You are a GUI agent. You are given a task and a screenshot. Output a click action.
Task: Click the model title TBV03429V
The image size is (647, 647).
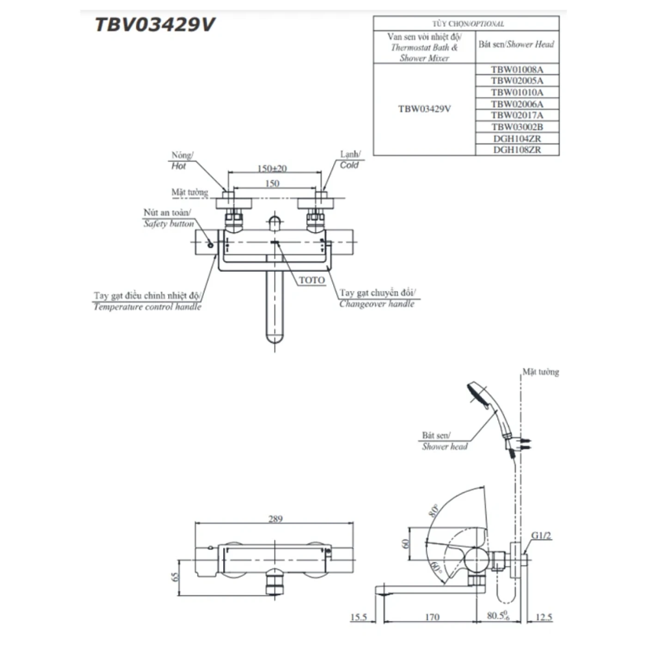coord(155,24)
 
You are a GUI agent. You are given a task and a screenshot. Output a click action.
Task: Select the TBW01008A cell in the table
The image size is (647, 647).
coord(517,70)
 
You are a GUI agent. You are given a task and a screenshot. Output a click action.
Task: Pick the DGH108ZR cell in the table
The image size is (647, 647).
coord(517,150)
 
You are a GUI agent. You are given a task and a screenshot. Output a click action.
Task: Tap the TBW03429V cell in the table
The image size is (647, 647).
coord(424,109)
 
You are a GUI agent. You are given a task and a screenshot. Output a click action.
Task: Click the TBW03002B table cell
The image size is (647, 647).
coord(517,127)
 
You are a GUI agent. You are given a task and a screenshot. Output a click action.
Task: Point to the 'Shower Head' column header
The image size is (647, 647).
coord(516,44)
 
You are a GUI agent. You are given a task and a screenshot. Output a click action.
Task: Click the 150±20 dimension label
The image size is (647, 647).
coord(272,168)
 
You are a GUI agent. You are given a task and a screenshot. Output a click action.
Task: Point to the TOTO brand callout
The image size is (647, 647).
coord(311,280)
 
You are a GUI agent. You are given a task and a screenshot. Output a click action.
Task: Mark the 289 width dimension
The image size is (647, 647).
coord(275,519)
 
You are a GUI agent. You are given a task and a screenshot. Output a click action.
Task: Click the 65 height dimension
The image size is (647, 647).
coord(175,577)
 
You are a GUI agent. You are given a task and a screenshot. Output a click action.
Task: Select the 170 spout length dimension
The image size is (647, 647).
coord(432,617)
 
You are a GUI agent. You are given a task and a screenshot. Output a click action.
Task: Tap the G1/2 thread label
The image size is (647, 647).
coord(541,536)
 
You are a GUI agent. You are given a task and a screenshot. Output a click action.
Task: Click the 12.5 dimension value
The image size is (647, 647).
coord(543,617)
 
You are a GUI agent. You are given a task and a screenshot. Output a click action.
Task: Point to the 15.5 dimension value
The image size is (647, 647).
coord(359,617)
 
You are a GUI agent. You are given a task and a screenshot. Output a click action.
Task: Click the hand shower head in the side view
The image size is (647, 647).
coord(481,395)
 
